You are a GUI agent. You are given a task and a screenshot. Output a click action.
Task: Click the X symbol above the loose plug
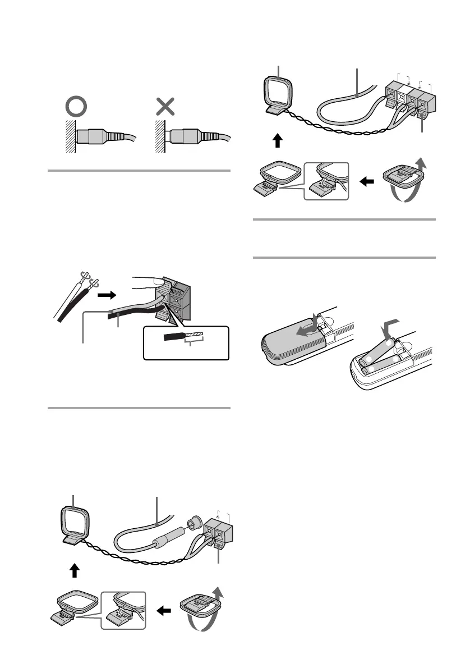164,107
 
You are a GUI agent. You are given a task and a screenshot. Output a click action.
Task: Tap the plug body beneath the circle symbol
92,136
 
